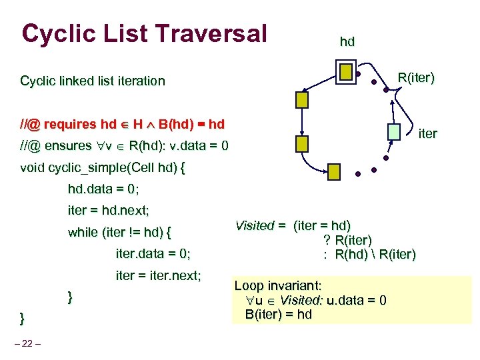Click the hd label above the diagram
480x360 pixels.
(x=347, y=42)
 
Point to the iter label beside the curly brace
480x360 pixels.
(x=427, y=133)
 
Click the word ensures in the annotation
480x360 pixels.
(x=70, y=145)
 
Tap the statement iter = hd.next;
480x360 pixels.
(x=109, y=211)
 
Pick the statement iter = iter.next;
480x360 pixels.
(x=159, y=275)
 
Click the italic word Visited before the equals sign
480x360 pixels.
(x=255, y=225)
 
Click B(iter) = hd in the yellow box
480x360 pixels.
(x=278, y=314)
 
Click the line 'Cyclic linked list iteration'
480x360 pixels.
(x=93, y=81)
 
